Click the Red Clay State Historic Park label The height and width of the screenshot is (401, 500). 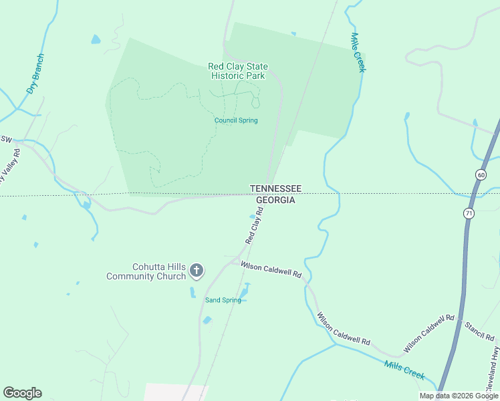click(x=238, y=71)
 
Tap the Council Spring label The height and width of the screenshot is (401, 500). click(x=236, y=120)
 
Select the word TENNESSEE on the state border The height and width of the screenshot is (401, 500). click(x=275, y=189)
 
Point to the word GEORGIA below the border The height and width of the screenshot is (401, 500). click(x=275, y=200)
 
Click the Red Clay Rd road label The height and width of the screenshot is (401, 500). click(x=255, y=225)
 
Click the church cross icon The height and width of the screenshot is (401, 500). click(x=197, y=271)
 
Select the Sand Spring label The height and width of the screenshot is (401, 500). click(x=223, y=300)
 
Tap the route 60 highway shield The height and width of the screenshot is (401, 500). click(x=481, y=174)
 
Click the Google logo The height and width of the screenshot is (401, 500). click(x=22, y=393)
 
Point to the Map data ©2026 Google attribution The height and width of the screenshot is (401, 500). click(x=459, y=396)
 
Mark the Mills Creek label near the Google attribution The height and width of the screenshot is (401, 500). click(x=404, y=370)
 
